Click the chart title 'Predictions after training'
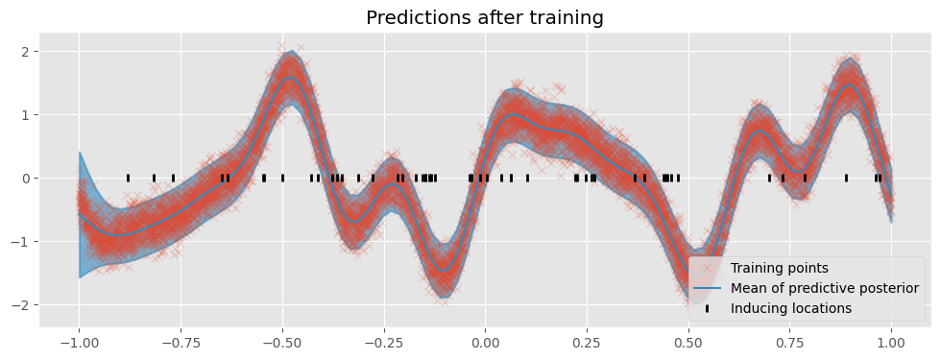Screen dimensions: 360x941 pyautogui.click(x=485, y=17)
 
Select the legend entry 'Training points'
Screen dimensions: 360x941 pyautogui.click(x=779, y=267)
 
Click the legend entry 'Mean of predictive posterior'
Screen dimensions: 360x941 pyautogui.click(x=824, y=287)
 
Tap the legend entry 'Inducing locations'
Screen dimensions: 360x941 pyautogui.click(x=790, y=308)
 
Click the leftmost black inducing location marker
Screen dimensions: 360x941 pyautogui.click(x=128, y=178)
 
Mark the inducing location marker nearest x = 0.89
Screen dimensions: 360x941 pyautogui.click(x=846, y=178)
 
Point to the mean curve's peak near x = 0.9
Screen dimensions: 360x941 pyautogui.click(x=850, y=85)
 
